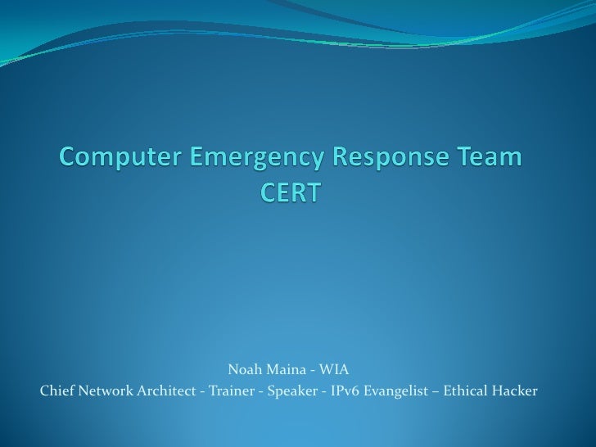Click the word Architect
click(x=167, y=391)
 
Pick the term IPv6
click(x=344, y=391)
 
